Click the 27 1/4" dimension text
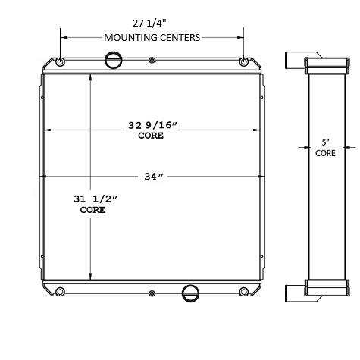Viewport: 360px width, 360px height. pos(152,23)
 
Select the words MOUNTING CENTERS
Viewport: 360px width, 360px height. pos(152,36)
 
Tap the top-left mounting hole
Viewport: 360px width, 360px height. pos(61,62)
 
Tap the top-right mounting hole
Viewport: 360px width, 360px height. pos(243,62)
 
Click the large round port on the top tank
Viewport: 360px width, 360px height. pos(113,58)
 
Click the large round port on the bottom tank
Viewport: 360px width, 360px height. pos(191,291)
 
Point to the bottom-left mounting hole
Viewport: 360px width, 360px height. pos(61,292)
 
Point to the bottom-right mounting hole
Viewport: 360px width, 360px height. pos(243,292)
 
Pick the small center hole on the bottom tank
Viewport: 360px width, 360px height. pos(152,293)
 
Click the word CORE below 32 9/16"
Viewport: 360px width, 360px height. pos(152,137)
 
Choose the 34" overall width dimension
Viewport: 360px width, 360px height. pos(152,177)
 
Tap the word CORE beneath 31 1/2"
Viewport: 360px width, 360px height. pos(92,210)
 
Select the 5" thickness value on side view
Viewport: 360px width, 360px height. pos(325,142)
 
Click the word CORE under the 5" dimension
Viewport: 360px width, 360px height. pos(325,153)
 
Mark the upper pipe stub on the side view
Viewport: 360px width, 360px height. pos(294,60)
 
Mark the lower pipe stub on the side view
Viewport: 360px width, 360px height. pos(294,293)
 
